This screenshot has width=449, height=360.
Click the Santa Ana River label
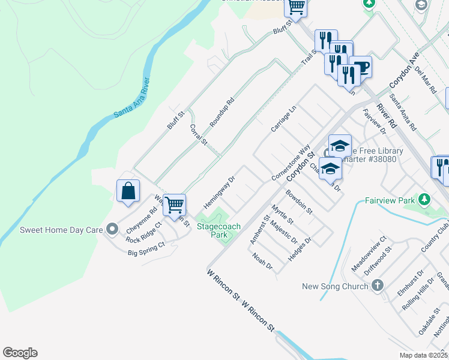click(131, 98)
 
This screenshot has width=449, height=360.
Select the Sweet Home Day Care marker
click(112, 229)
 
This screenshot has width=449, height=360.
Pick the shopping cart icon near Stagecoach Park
click(174, 205)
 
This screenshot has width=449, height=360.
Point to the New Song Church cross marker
click(377, 286)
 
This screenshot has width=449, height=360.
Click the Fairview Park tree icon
click(425, 199)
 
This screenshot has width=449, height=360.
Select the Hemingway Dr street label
click(218, 192)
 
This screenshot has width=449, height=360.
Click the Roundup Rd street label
click(221, 111)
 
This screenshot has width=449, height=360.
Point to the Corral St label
click(198, 135)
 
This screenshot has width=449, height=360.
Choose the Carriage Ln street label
click(283, 119)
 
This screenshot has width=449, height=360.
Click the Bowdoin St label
click(299, 202)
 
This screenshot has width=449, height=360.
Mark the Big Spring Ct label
click(146, 249)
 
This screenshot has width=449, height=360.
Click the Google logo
click(20, 353)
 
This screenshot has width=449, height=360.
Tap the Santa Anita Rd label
click(402, 112)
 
